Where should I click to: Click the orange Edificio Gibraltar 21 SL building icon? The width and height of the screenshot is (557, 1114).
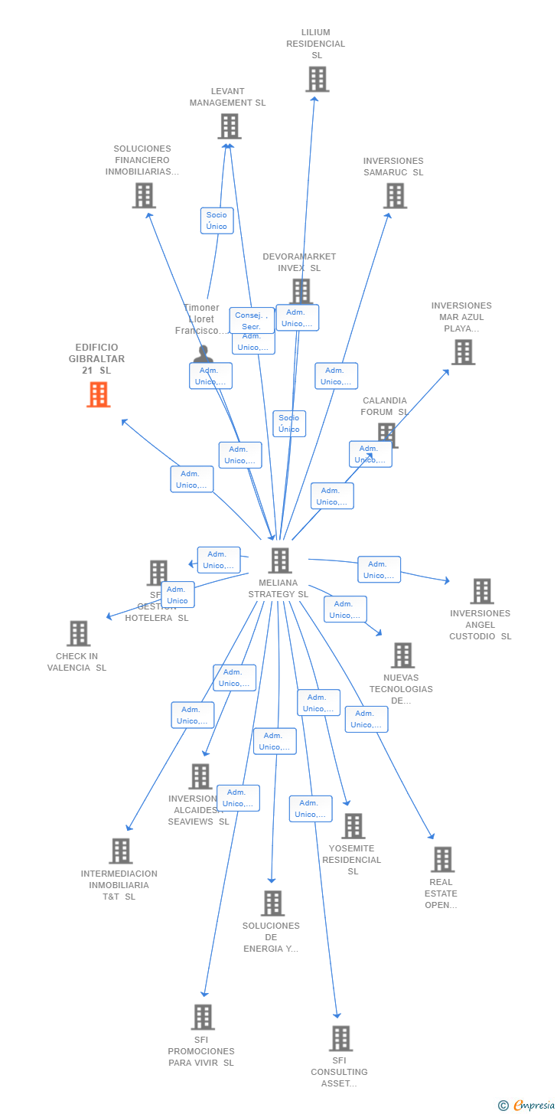click(x=98, y=394)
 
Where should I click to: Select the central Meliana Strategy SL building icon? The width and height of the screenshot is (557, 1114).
click(x=280, y=560)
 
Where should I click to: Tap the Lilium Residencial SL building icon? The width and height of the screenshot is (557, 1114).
click(x=317, y=79)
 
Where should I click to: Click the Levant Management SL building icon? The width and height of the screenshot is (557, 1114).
click(x=229, y=126)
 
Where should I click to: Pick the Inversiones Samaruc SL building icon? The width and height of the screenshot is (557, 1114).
click(x=395, y=196)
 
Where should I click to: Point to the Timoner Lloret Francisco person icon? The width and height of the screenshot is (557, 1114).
click(x=203, y=354)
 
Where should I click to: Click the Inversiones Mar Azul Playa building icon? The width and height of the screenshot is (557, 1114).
click(x=463, y=352)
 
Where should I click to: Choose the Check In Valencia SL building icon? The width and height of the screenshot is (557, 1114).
click(x=78, y=634)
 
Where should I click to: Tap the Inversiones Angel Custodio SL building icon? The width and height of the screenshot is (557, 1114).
click(x=481, y=591)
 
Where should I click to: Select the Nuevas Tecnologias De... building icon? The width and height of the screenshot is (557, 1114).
click(x=402, y=655)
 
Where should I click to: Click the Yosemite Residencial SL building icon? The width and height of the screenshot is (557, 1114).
click(x=353, y=826)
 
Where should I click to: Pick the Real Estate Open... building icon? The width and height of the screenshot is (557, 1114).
click(x=442, y=860)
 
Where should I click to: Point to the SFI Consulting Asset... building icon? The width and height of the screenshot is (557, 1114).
click(x=340, y=1039)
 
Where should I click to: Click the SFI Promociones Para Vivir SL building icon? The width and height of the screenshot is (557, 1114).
click(x=203, y=1018)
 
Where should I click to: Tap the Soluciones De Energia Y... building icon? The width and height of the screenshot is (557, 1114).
click(x=272, y=903)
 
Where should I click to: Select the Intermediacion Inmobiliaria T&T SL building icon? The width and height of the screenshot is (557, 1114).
click(x=120, y=851)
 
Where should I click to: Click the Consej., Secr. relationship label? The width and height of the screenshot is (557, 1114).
click(x=251, y=320)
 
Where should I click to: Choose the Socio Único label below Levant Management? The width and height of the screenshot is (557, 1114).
click(x=217, y=221)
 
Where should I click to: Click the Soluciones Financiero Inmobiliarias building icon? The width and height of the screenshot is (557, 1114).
click(x=144, y=196)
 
